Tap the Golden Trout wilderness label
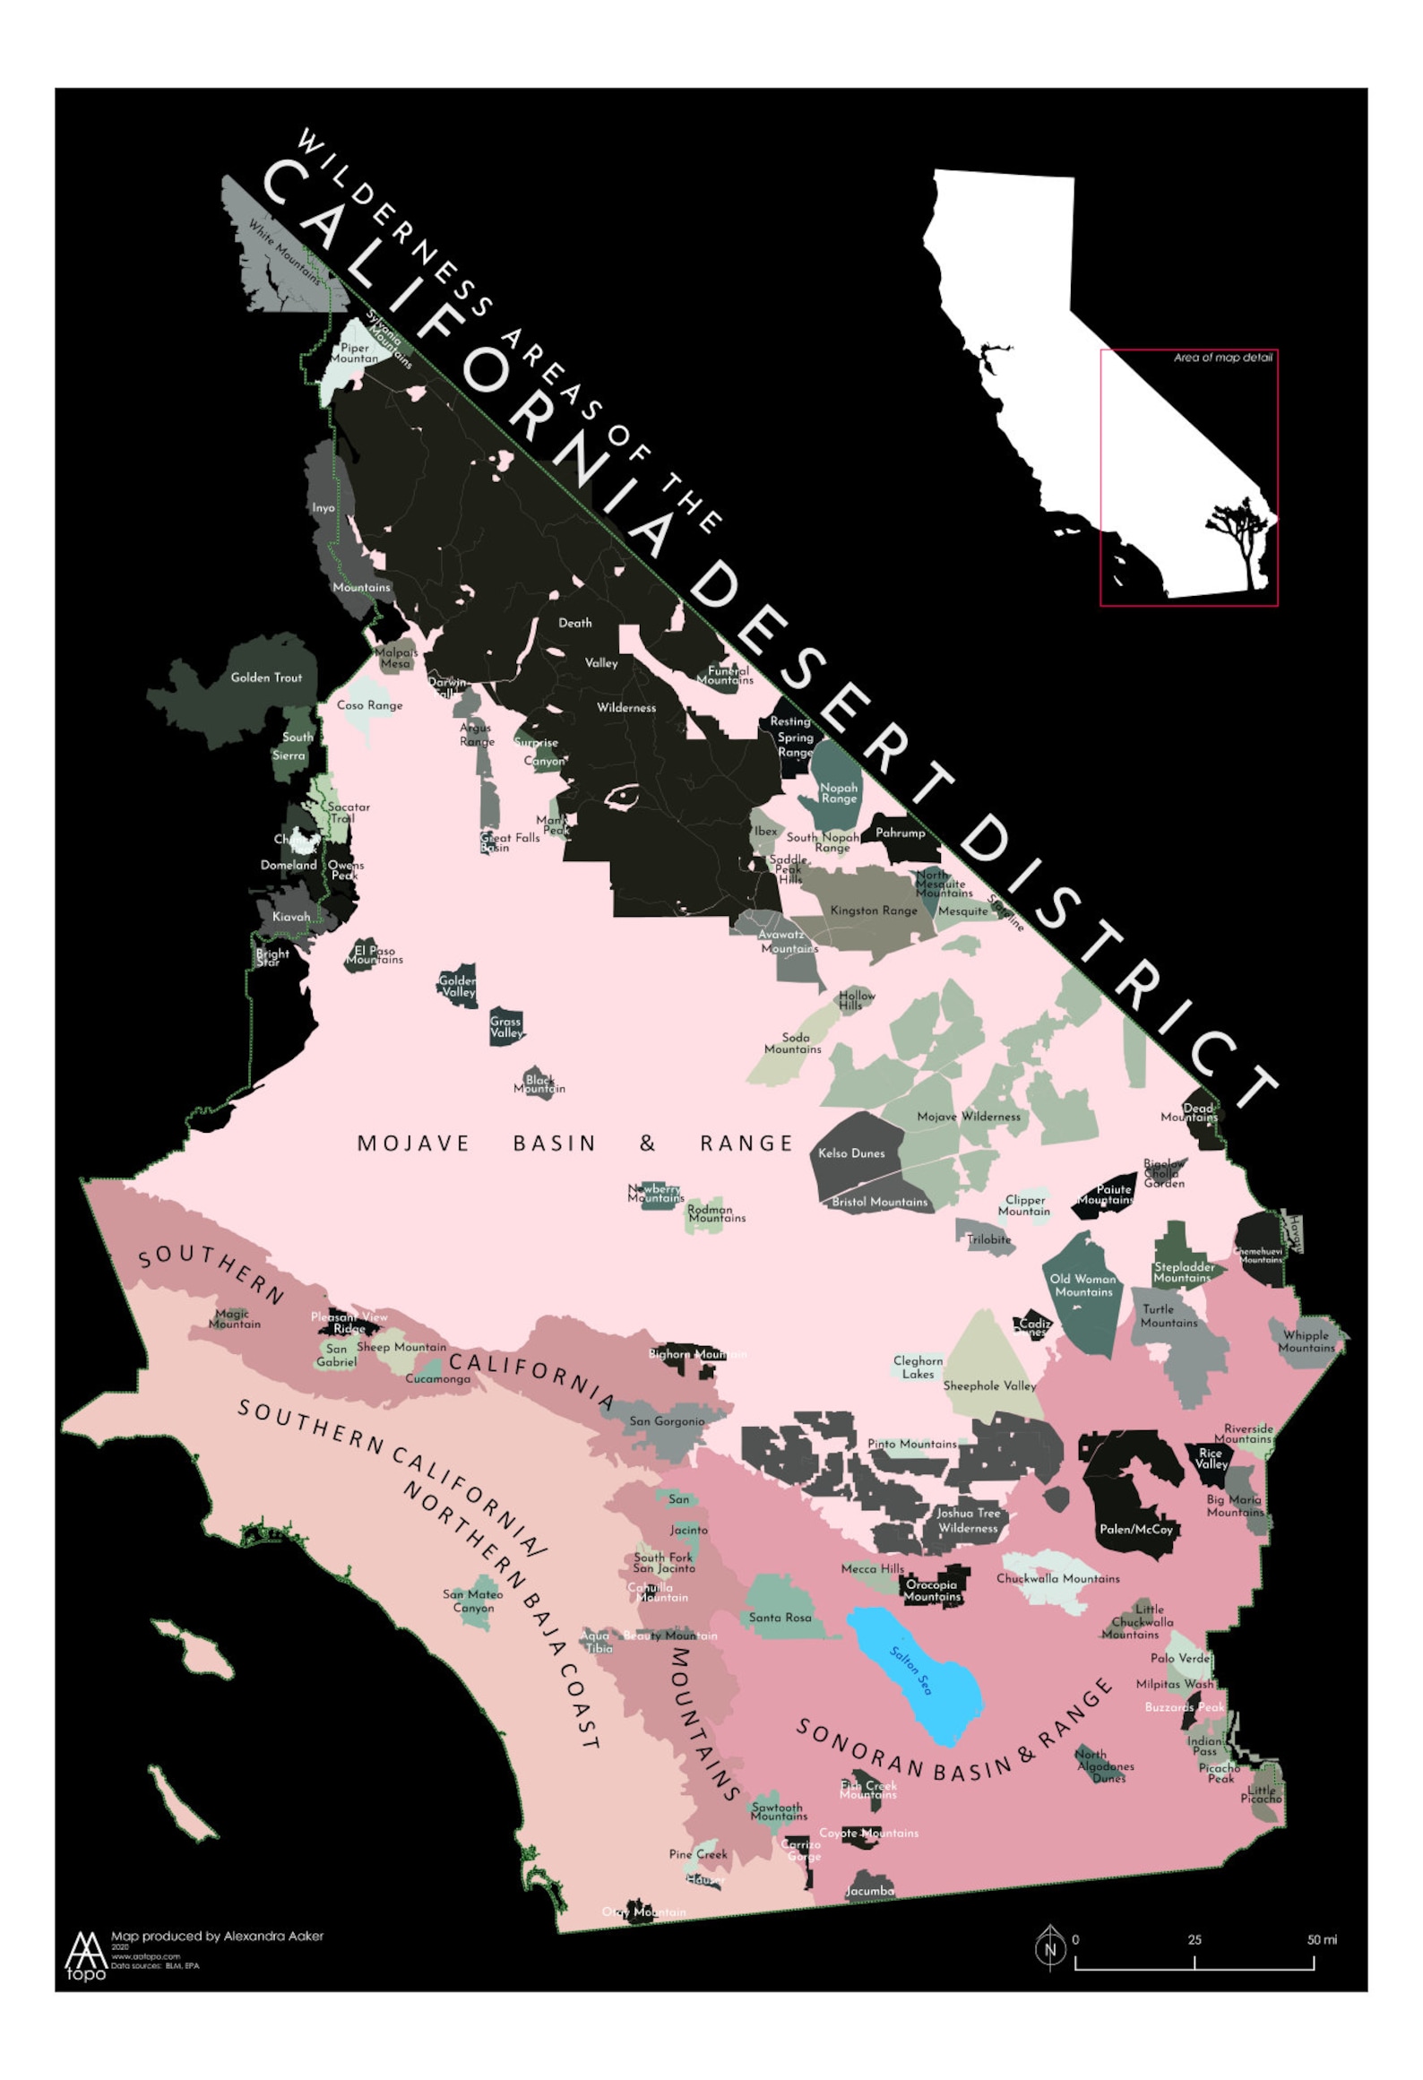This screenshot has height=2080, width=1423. [x=266, y=678]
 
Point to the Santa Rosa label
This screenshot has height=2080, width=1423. [x=780, y=1618]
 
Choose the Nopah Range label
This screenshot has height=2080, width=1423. [x=839, y=793]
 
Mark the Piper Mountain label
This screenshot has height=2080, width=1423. [x=354, y=353]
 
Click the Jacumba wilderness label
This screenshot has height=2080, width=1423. [x=869, y=1891]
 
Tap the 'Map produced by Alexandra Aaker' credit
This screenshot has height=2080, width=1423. [x=217, y=1937]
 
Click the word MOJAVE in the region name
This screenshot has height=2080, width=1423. [x=413, y=1144]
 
